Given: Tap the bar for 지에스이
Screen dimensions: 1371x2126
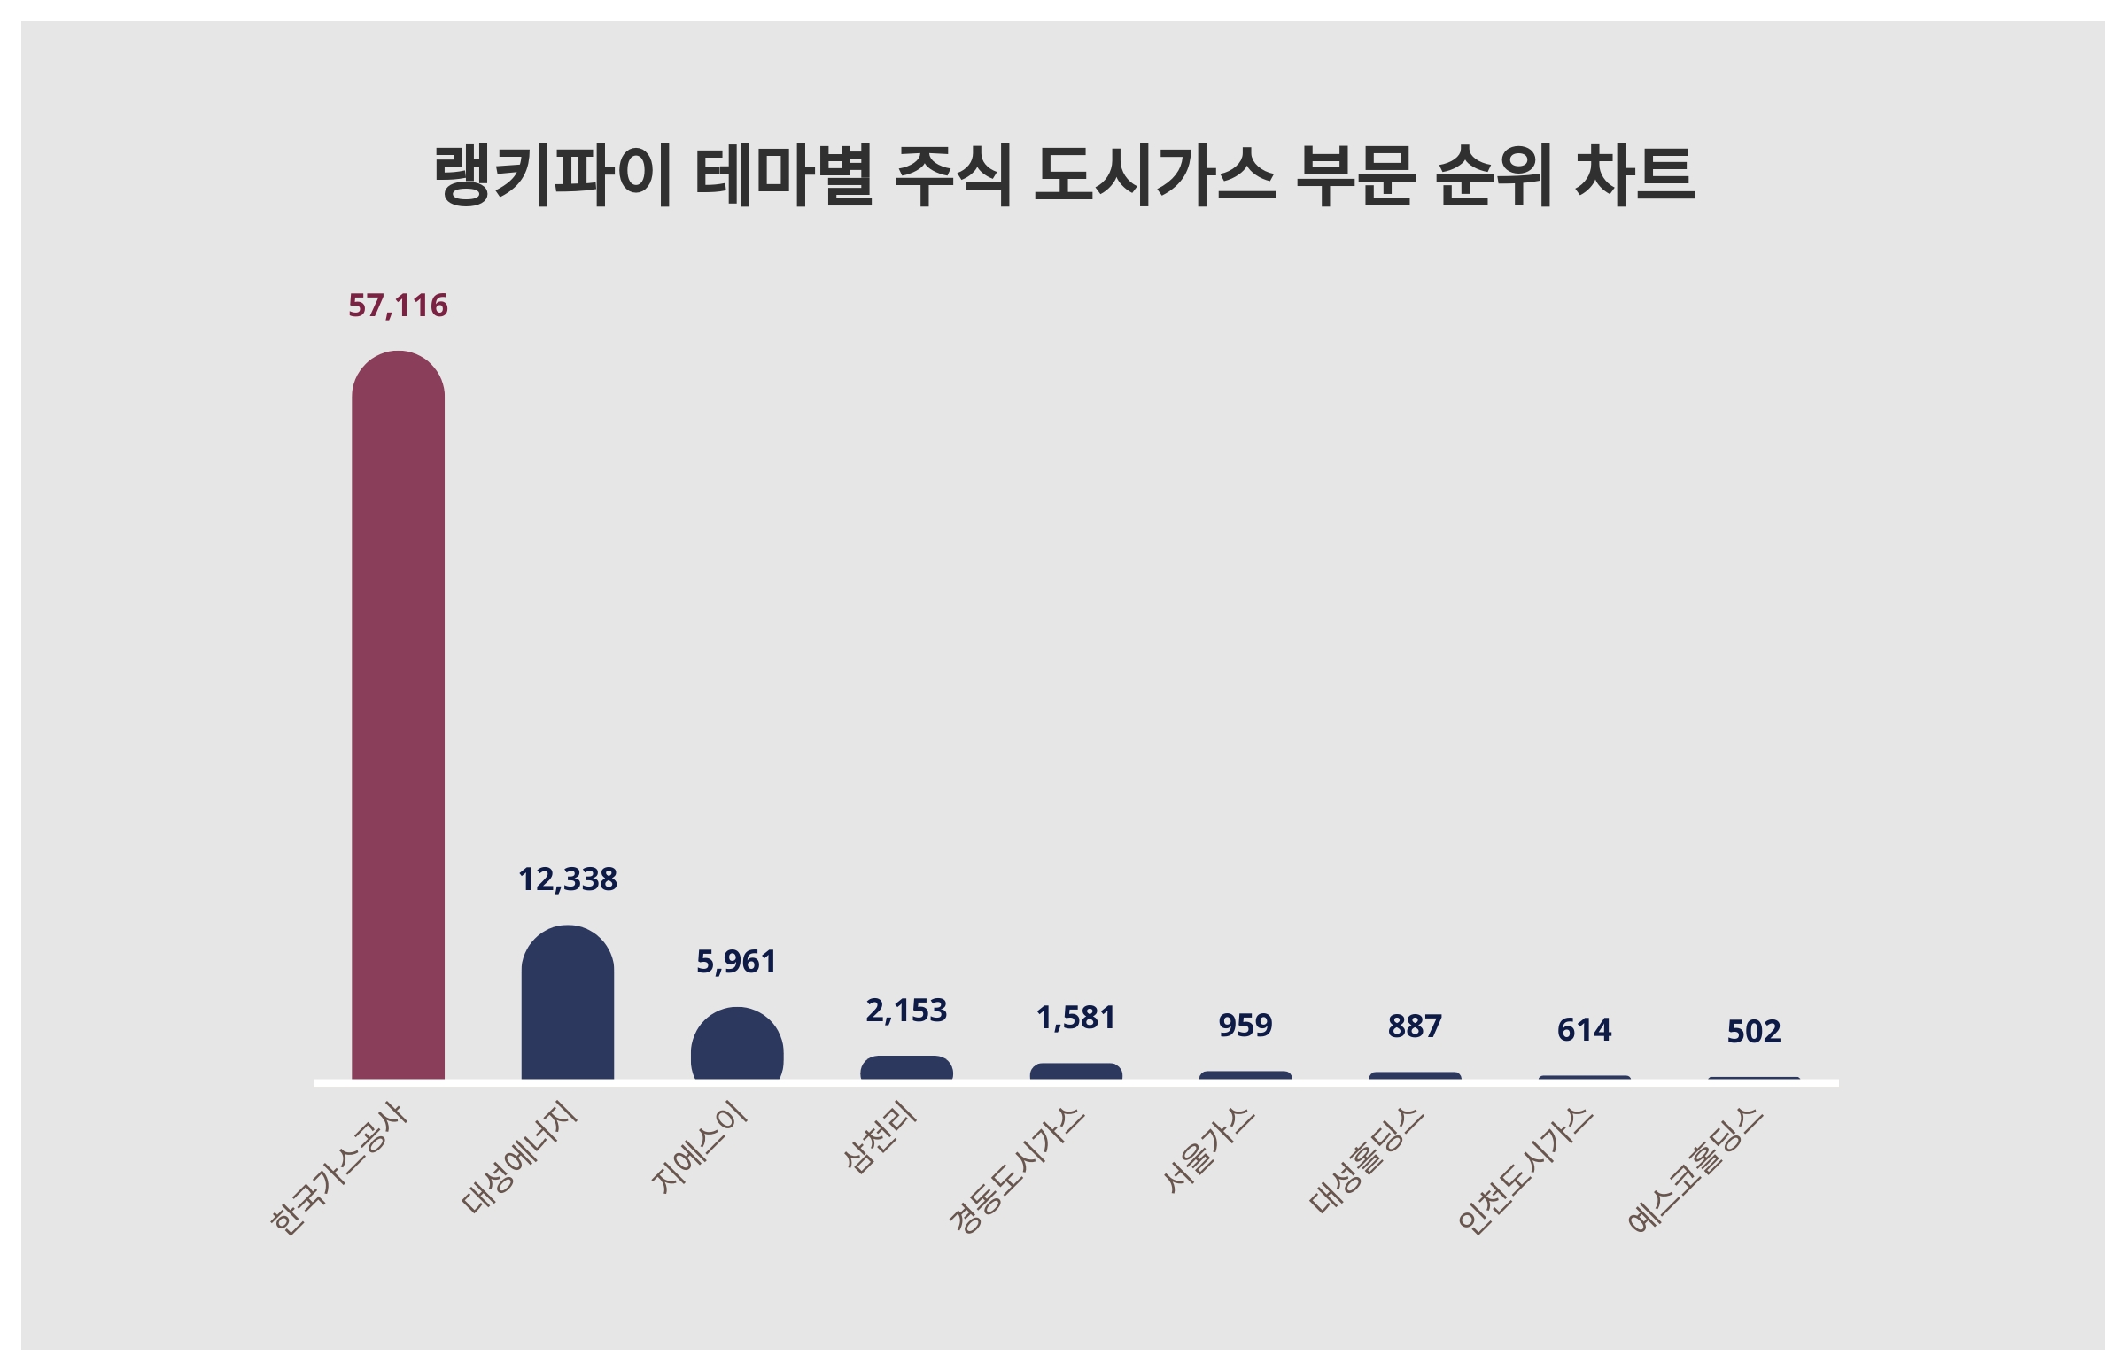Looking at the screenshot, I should tap(737, 1045).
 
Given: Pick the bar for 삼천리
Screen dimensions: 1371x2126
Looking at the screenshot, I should tap(906, 1068).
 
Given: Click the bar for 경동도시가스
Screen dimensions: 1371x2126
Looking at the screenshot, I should tap(1075, 1072).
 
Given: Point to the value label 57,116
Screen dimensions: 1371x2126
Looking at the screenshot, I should tap(398, 306).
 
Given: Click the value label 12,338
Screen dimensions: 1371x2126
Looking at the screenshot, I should tap(567, 879).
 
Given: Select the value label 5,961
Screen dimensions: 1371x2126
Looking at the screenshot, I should tap(736, 962).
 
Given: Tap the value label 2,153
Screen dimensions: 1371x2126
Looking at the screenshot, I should tap(906, 1011).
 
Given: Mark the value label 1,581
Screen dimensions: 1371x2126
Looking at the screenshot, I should tap(1075, 1018).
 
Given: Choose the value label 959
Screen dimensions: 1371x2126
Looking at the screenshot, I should tap(1245, 1026).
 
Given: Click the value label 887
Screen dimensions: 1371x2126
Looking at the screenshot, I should tap(1415, 1026).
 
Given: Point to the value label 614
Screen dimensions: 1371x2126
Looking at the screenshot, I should tap(1584, 1030).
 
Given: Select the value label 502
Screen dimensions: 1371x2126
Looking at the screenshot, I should tap(1753, 1032).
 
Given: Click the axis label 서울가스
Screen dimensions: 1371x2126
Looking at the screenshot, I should tap(1208, 1150).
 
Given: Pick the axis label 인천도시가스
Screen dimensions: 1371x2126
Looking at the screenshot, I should tap(1525, 1170).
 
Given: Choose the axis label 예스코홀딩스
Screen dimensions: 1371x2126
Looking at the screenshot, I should tap(1695, 1170).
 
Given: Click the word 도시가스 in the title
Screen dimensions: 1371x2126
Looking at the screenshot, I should tap(1154, 175).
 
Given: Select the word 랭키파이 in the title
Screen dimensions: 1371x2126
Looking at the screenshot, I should tap(552, 175).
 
